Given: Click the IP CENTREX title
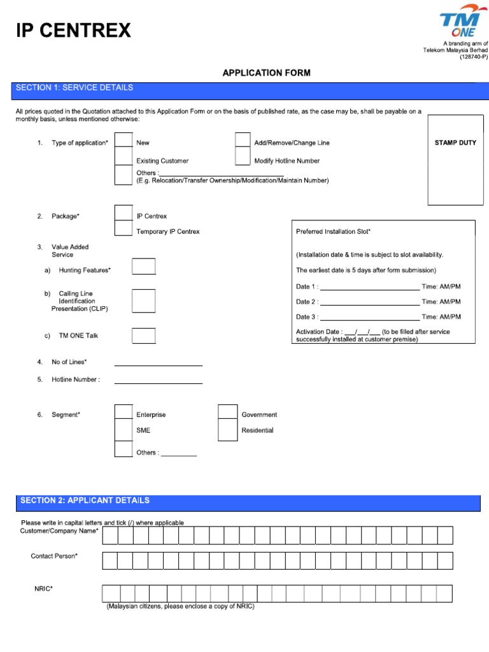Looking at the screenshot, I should [73, 30].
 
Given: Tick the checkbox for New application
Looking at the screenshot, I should [123, 142].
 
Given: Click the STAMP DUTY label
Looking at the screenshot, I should [455, 143].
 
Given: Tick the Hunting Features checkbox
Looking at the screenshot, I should [143, 267].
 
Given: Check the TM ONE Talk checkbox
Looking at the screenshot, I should [143, 336].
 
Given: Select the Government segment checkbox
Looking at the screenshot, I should [227, 412].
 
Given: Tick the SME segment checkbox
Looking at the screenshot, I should [123, 430].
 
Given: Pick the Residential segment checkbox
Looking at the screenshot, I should [227, 430].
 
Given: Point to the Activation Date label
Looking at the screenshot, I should [318, 332].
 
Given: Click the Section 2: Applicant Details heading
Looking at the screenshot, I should [85, 500].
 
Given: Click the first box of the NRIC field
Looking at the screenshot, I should [110, 593].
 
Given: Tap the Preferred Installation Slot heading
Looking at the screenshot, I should [333, 232].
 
